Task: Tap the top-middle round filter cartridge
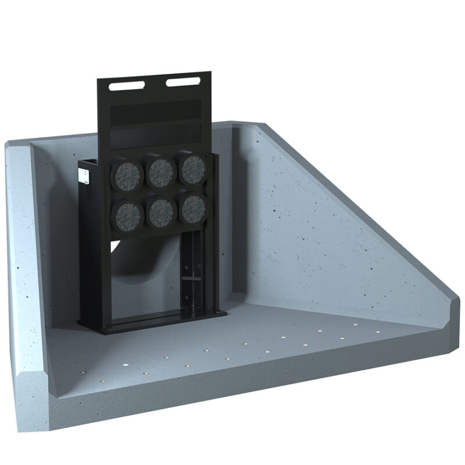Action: point(161,171)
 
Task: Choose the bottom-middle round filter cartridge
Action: point(161,212)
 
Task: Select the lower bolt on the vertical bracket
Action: point(188,302)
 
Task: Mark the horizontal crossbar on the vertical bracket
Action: point(189,280)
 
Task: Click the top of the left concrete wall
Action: point(17,145)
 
